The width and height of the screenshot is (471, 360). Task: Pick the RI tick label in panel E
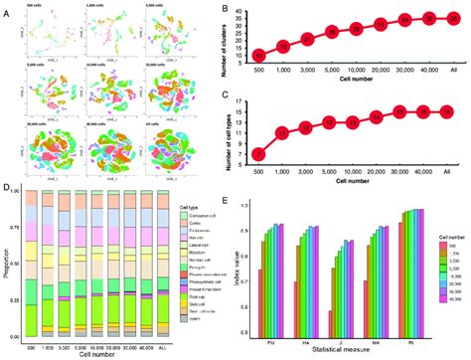pyautogui.click(x=415, y=336)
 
